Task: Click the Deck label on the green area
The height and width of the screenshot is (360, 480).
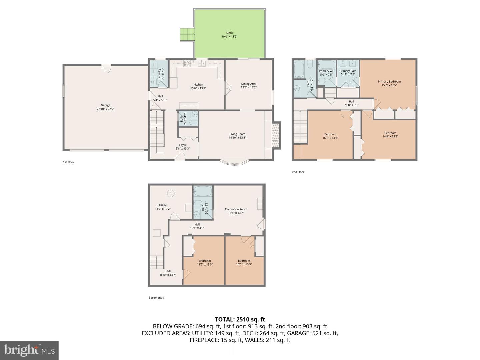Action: tap(229, 33)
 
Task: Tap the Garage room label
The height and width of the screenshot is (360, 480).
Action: tap(105, 105)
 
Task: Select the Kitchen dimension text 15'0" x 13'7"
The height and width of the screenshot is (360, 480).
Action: tap(198, 88)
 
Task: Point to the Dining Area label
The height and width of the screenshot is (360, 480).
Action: tap(249, 84)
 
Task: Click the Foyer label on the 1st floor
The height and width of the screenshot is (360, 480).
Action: tap(183, 145)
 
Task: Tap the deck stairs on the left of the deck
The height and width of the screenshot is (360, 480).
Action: tap(187, 34)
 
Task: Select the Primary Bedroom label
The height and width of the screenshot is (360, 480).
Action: tap(389, 81)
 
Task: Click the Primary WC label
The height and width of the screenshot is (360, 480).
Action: tap(326, 71)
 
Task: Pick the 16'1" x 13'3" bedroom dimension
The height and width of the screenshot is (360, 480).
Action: tap(330, 138)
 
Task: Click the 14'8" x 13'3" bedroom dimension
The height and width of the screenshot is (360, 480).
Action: tap(390, 136)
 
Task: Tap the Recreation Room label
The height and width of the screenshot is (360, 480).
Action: tap(236, 209)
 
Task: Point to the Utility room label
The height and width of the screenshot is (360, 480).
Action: tap(163, 205)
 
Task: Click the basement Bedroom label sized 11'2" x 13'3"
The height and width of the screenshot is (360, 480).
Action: tap(205, 261)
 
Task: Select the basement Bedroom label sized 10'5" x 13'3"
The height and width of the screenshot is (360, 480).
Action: tap(244, 261)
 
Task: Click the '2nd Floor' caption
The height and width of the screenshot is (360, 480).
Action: tap(298, 172)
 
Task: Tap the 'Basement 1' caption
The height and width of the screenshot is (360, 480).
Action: tap(156, 298)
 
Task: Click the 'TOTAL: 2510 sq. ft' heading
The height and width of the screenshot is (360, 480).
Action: tap(240, 319)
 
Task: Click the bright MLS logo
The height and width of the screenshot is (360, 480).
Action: tap(29, 350)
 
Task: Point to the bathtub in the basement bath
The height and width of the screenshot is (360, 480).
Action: tap(203, 191)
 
